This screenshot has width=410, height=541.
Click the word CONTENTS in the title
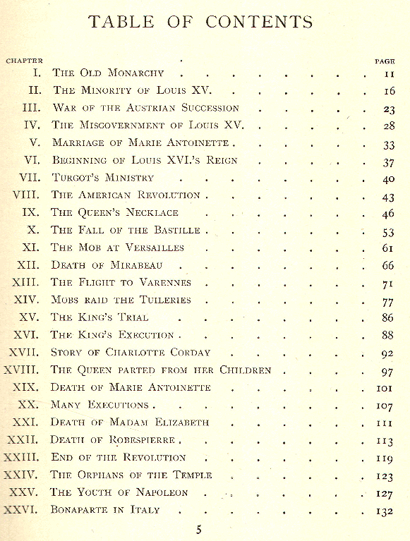coord(259,21)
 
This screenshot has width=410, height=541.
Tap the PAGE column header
coord(385,61)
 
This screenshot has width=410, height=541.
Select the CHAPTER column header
coord(25,61)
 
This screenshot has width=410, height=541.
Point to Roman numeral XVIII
coord(25,370)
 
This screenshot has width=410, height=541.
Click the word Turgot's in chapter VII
coord(80,178)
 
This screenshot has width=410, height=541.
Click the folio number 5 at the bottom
coord(199,530)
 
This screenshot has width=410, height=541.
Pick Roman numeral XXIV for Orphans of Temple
coord(23,475)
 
